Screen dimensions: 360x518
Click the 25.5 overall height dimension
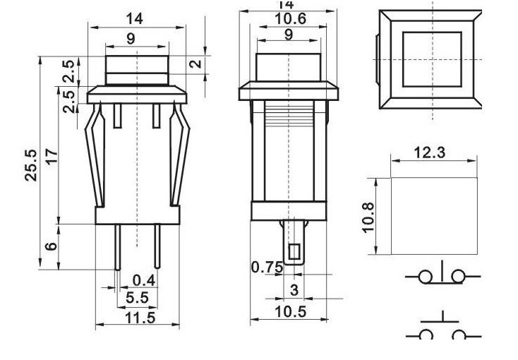point(31,164)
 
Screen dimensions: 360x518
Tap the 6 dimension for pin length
point(50,246)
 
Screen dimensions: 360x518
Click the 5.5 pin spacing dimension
point(137,299)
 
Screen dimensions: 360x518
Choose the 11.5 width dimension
point(138,318)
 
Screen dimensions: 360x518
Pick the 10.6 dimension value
point(290,19)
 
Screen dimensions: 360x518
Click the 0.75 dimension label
point(266,267)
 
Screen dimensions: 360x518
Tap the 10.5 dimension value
point(289,311)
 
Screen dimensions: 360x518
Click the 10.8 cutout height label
point(368,217)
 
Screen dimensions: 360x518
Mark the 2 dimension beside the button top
point(197,64)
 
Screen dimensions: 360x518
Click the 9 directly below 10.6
point(289,35)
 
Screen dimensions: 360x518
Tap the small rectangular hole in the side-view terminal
point(295,251)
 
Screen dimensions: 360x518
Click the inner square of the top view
point(431,59)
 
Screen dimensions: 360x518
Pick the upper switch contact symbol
point(442,275)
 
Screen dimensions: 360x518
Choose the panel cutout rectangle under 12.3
point(433,216)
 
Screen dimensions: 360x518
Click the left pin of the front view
point(116,247)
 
